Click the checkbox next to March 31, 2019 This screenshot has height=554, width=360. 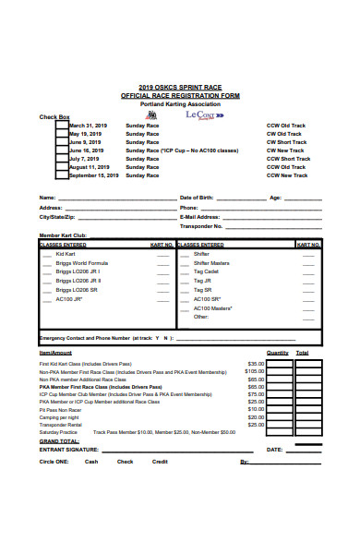(62, 126)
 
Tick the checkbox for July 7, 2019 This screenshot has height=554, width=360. (62, 159)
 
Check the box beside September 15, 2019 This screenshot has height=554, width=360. (62, 175)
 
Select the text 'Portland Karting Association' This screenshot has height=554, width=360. (180, 104)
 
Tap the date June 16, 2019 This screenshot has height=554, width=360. (87, 151)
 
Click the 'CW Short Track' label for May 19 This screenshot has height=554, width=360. (285, 134)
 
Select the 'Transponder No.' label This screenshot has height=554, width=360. (204, 225)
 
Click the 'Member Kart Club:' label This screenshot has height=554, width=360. (62, 236)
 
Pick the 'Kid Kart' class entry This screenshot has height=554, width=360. (66, 254)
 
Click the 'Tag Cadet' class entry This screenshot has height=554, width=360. (206, 272)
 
